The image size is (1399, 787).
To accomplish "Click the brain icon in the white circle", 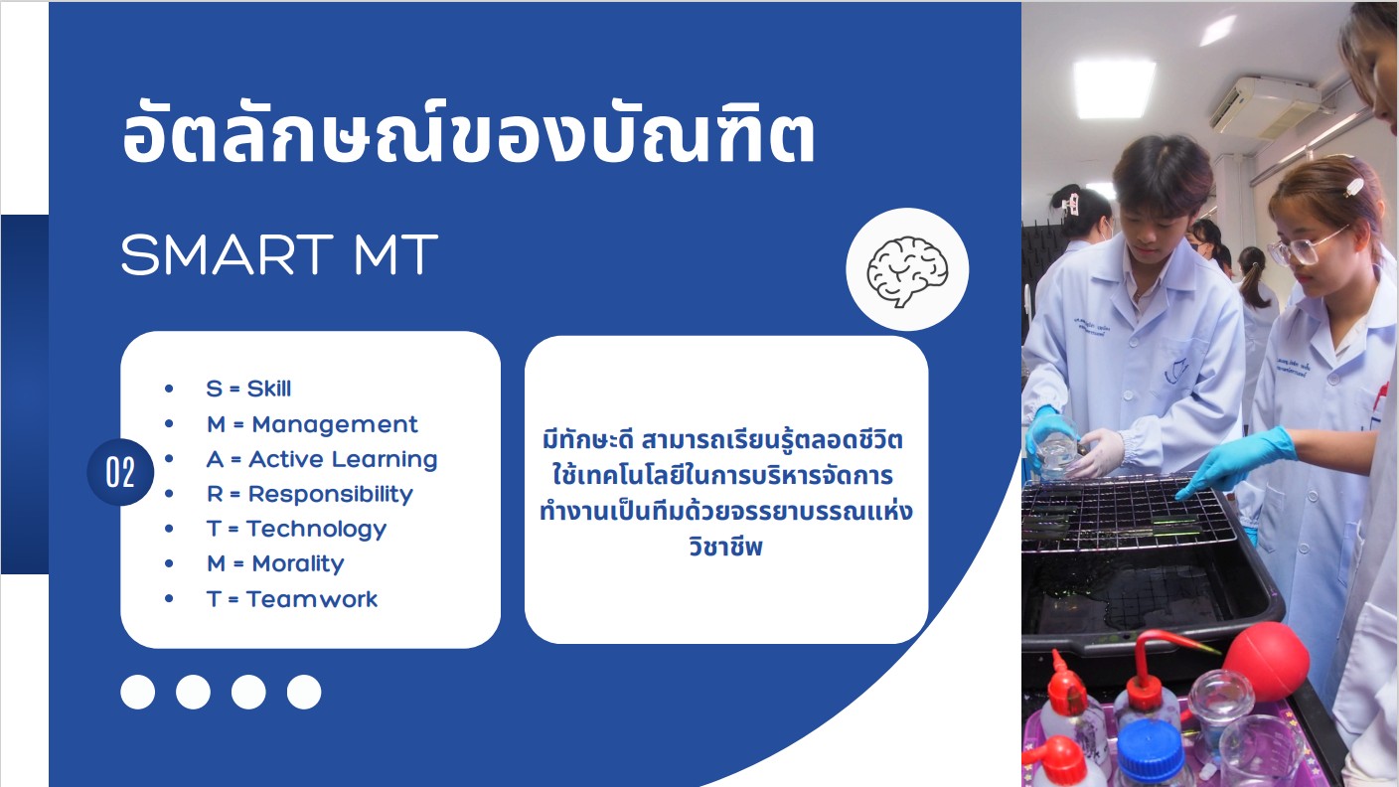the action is (x=907, y=271).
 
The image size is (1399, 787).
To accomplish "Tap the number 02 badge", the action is (x=120, y=472).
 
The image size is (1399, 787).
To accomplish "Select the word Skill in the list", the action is (x=269, y=389).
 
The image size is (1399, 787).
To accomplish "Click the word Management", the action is (x=335, y=424).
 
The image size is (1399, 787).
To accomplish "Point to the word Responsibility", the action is (x=331, y=495).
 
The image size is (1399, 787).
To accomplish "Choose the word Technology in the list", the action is (x=317, y=530).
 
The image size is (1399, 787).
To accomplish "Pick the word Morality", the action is (x=298, y=564).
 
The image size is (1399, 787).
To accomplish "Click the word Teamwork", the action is (x=312, y=599).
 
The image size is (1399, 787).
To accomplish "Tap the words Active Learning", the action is (x=343, y=460).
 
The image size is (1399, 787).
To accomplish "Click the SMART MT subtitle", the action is (x=279, y=254).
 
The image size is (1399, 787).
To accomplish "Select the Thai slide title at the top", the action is (x=468, y=134).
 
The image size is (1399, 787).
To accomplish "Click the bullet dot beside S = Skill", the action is (x=169, y=389).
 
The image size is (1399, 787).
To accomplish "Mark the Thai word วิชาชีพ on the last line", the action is (x=725, y=547).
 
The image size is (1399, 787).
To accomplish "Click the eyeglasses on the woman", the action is (x=1303, y=247).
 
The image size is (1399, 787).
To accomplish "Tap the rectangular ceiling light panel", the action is (x=1114, y=88).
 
